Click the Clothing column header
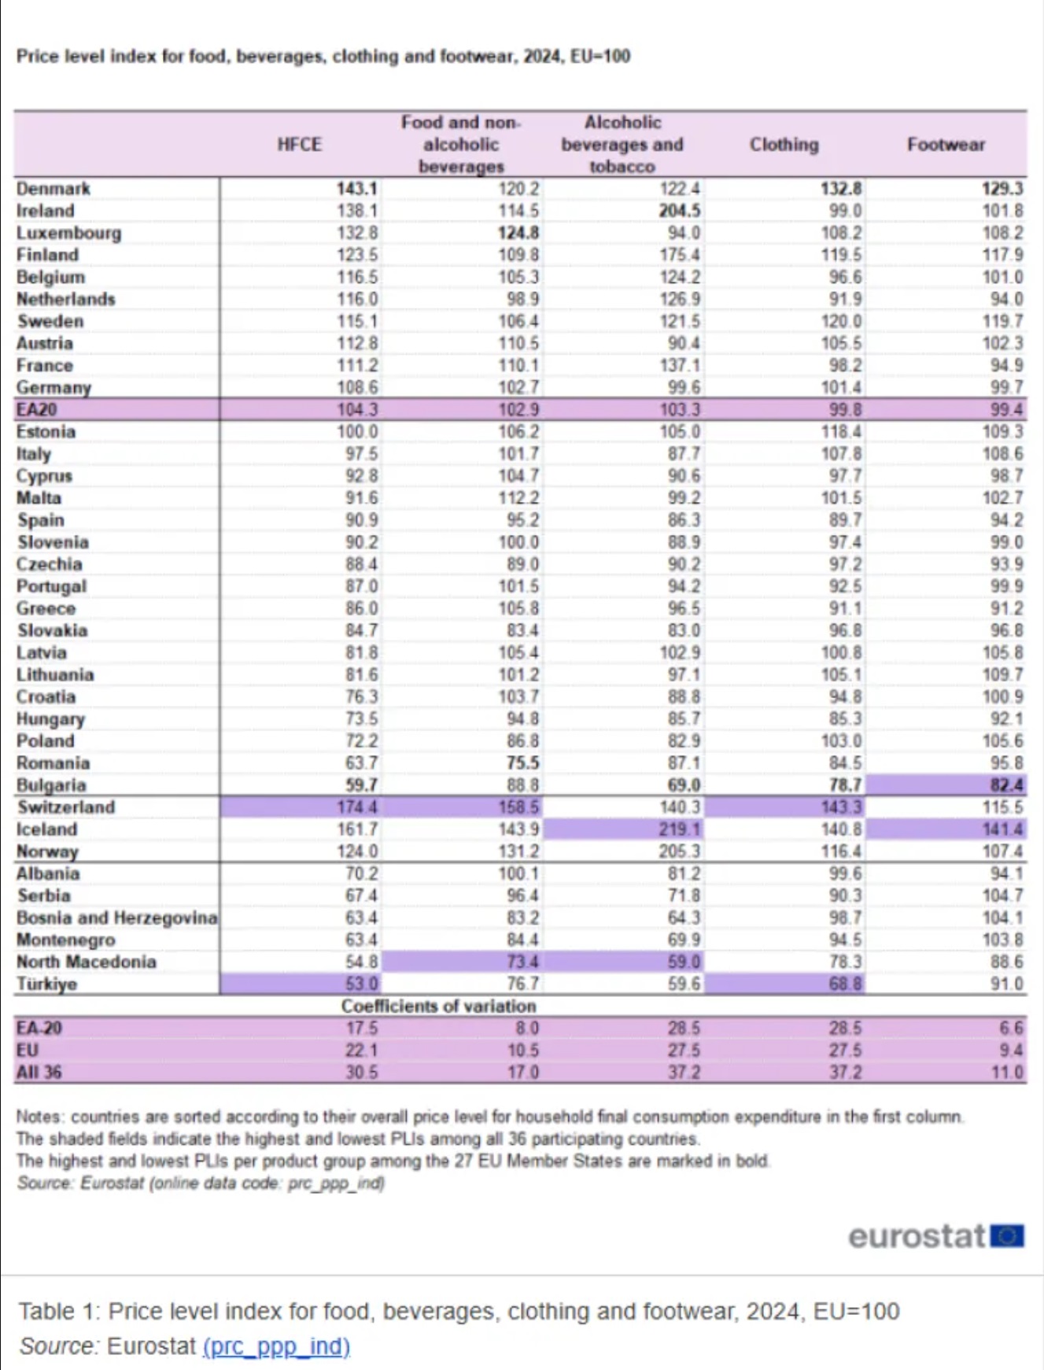pyautogui.click(x=784, y=145)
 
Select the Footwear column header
pyautogui.click(x=945, y=145)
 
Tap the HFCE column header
pyautogui.click(x=299, y=145)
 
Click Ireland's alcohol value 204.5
pyautogui.click(x=679, y=211)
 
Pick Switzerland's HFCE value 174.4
pyautogui.click(x=357, y=807)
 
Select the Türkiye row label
pyautogui.click(x=47, y=984)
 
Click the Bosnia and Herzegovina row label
pyautogui.click(x=116, y=918)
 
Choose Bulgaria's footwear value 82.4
pyautogui.click(x=1006, y=785)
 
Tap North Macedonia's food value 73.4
pyautogui.click(x=522, y=962)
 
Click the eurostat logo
pyautogui.click(x=935, y=1236)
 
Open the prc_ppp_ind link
pyautogui.click(x=276, y=1346)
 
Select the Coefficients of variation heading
pyautogui.click(x=438, y=1006)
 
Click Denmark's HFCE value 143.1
pyautogui.click(x=357, y=189)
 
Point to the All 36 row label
pyautogui.click(x=39, y=1073)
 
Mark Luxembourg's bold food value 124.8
pyautogui.click(x=518, y=233)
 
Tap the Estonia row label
pyautogui.click(x=45, y=432)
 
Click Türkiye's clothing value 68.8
pyautogui.click(x=845, y=984)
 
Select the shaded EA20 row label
pyautogui.click(x=37, y=410)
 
